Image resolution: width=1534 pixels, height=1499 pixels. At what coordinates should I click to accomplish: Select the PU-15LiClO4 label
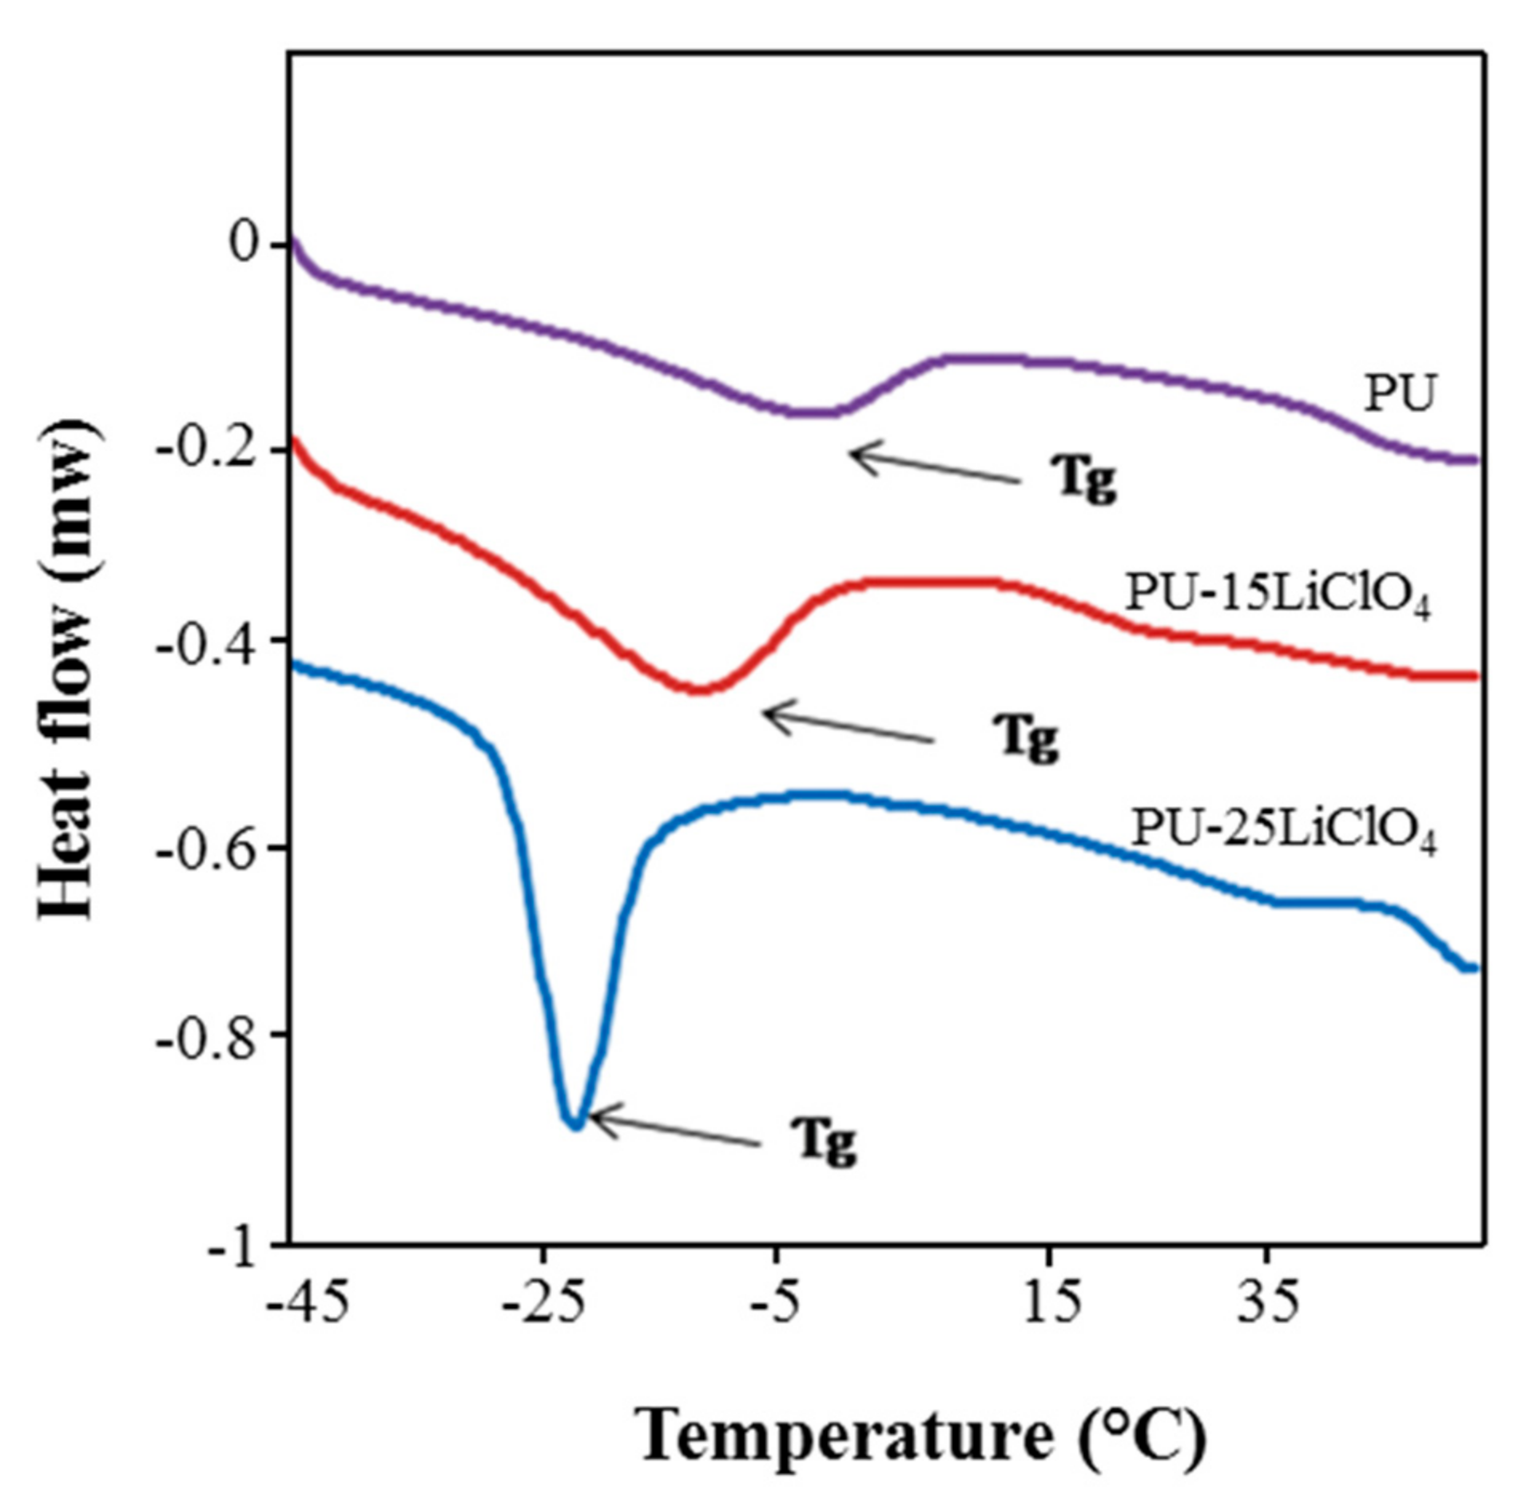point(1277,596)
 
